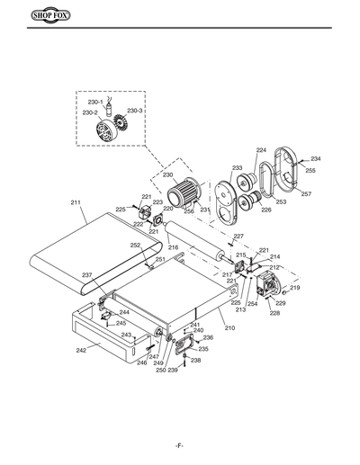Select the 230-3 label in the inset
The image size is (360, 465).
[x=134, y=110]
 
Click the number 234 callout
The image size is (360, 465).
[x=315, y=159]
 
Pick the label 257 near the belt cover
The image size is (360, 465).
[x=306, y=194]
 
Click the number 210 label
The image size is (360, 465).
[x=229, y=328]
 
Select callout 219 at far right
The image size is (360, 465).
[x=294, y=288]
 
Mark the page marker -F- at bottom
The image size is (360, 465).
[x=180, y=447]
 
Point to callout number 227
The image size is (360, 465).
[x=238, y=237]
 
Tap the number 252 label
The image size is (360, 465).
[x=135, y=246]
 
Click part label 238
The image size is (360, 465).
[x=195, y=361]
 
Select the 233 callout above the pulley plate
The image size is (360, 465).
[x=237, y=168]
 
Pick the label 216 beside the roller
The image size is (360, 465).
[x=173, y=246]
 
